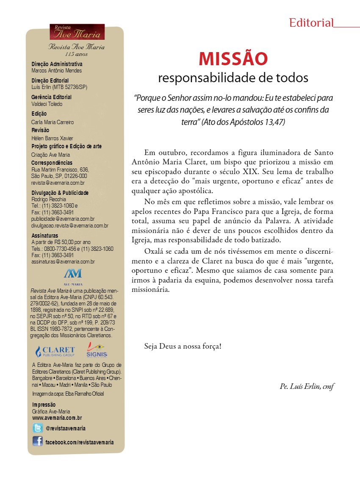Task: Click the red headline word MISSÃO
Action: [233, 59]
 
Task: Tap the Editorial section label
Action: [311, 23]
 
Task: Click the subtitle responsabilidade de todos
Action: [233, 78]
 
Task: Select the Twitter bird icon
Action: [38, 428]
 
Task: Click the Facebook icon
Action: [38, 441]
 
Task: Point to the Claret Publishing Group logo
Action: [55, 351]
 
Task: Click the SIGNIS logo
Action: [97, 350]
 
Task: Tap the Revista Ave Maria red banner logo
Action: [77, 32]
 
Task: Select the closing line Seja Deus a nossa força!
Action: [183, 346]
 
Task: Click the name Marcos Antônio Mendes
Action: [56, 71]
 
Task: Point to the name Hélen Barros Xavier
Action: [53, 138]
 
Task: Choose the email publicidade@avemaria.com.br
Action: [63, 219]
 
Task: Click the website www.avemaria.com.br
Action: [57, 418]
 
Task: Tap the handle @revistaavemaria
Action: [66, 428]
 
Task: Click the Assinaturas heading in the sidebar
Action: [45, 236]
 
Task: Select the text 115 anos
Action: [76, 54]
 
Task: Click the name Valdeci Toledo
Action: [47, 104]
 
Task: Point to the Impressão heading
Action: [44, 405]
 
